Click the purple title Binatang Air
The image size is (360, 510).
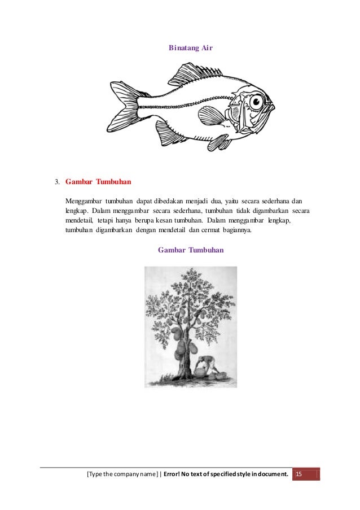(x=190, y=49)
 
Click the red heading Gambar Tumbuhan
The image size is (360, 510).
(x=99, y=182)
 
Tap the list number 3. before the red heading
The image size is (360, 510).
(x=57, y=183)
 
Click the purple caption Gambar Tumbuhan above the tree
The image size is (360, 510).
(x=191, y=249)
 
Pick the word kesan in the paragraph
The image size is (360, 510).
(x=175, y=221)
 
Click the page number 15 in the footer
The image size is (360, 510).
(x=300, y=473)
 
